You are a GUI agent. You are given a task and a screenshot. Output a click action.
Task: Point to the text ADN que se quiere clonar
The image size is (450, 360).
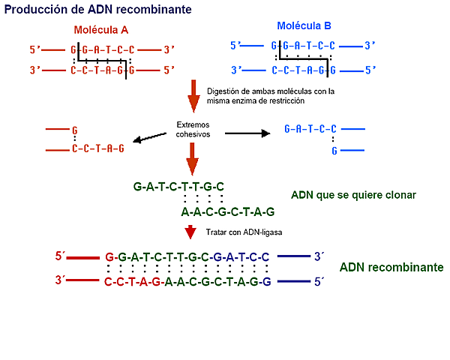(x=352, y=194)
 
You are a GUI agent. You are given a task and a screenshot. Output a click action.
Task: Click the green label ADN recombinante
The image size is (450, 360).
(x=391, y=267)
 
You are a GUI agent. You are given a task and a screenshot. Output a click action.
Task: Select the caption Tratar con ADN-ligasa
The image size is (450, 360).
(x=238, y=232)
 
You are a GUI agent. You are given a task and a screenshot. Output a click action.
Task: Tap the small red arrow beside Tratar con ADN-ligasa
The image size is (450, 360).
(x=190, y=231)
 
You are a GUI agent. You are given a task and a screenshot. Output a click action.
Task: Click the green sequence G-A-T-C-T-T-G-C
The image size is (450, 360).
(x=178, y=185)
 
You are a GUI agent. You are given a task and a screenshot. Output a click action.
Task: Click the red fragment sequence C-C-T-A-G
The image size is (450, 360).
(x=97, y=148)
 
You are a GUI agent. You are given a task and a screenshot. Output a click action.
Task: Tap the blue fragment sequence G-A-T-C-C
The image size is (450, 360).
(x=310, y=129)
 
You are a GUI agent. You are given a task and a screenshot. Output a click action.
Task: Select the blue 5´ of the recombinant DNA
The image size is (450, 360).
(x=318, y=282)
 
